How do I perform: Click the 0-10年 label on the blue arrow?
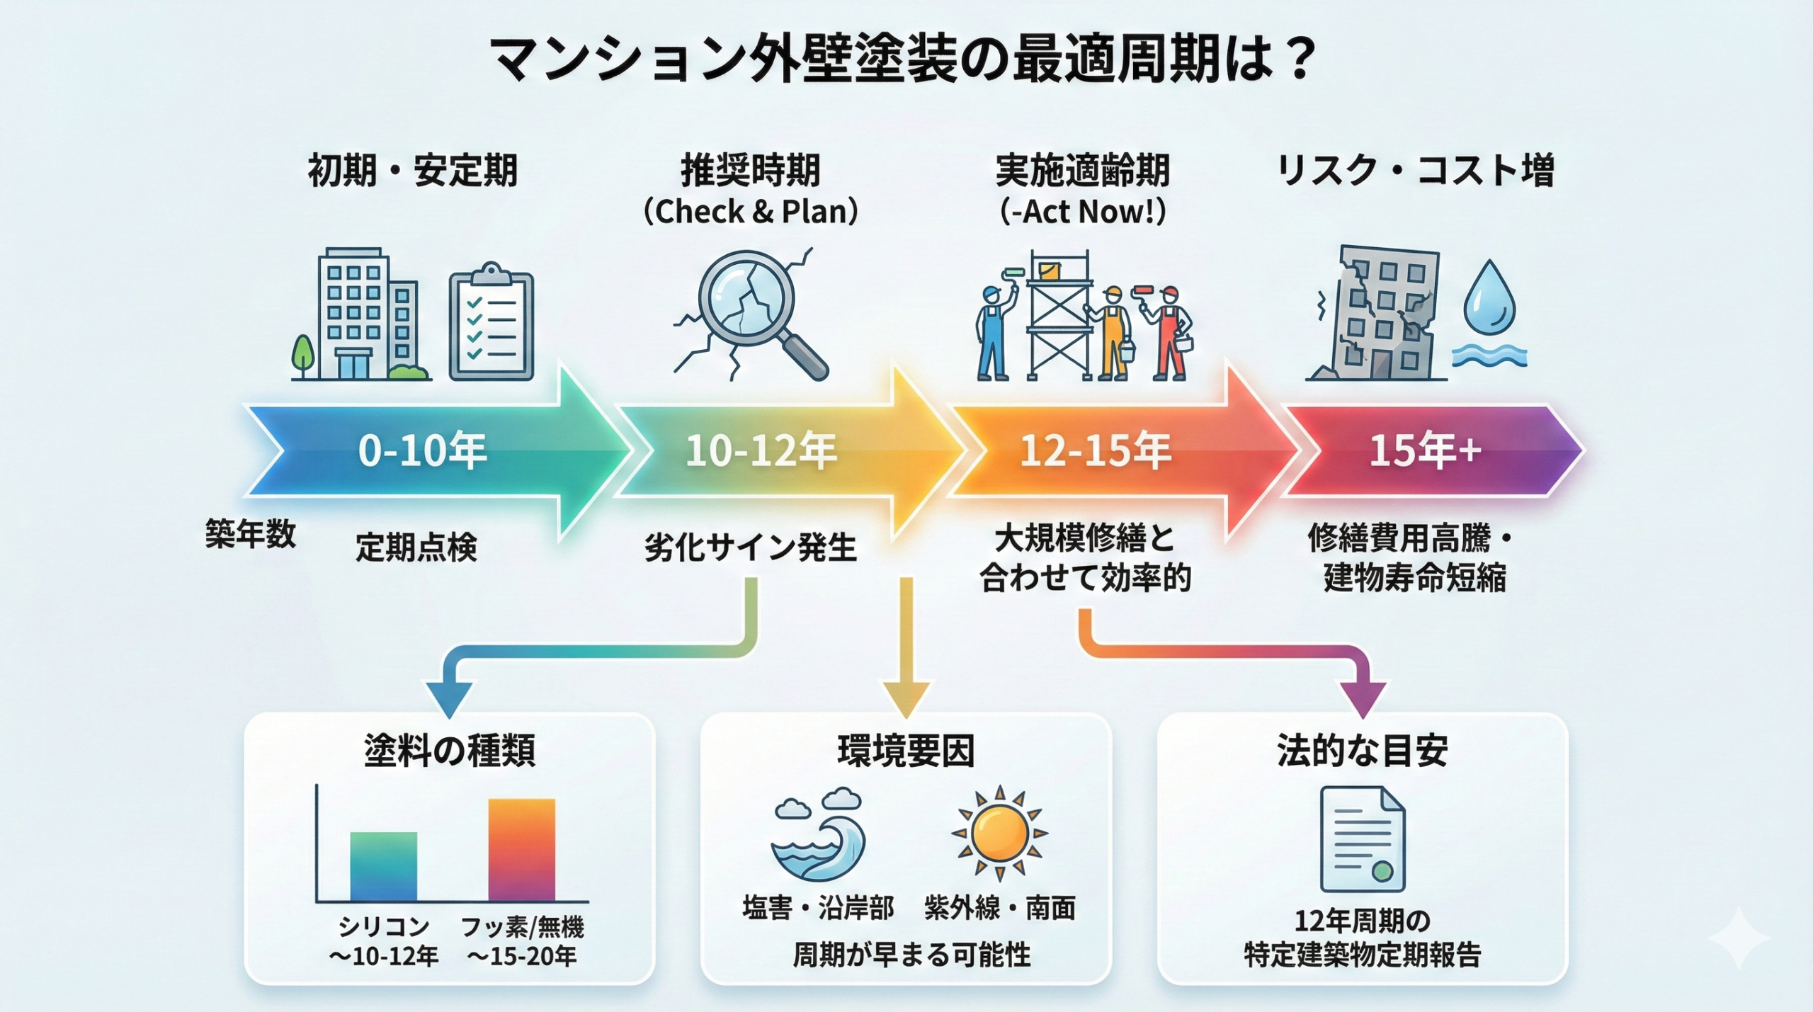point(423,451)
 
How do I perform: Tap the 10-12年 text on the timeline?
point(761,451)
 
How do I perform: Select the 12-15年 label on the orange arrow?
point(1095,451)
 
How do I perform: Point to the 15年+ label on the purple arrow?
point(1425,450)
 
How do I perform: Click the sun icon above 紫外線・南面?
point(999,832)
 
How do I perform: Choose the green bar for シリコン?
point(383,866)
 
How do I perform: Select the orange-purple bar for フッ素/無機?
point(522,849)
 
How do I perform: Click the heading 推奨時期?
point(751,170)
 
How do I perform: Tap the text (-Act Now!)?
point(1082,211)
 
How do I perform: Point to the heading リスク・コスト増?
point(1414,170)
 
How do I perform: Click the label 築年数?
point(250,533)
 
